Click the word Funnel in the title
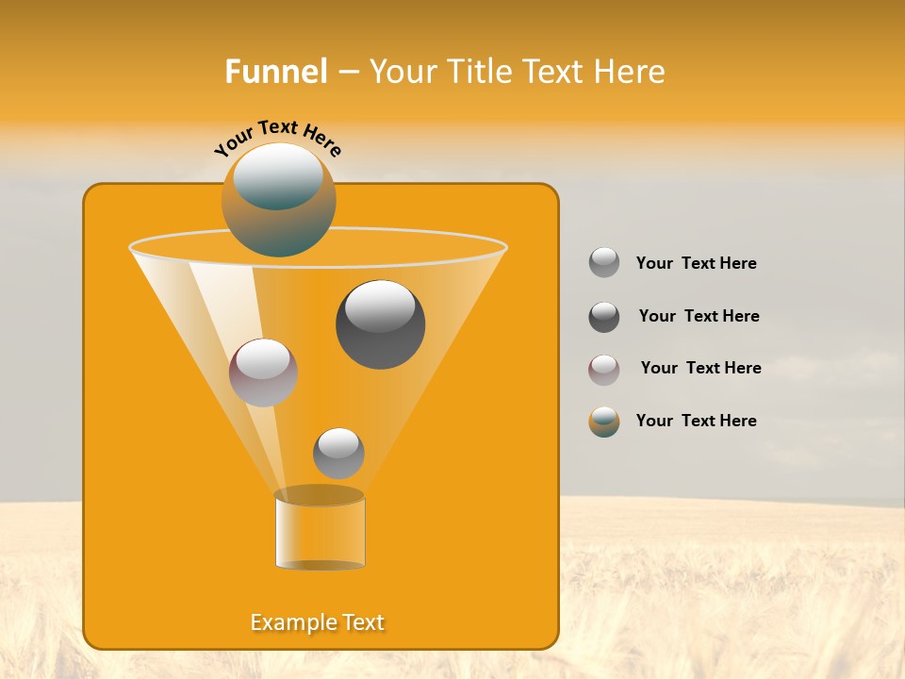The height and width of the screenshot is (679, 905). (276, 72)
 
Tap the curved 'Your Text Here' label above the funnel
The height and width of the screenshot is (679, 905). (278, 137)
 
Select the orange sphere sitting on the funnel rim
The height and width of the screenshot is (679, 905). (279, 200)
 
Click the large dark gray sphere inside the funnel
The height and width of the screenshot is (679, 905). (381, 324)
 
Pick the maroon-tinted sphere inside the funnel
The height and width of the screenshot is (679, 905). (263, 373)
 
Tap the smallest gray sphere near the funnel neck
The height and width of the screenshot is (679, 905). (338, 453)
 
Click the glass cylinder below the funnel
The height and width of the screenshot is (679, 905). (320, 533)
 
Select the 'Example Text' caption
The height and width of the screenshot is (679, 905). (318, 622)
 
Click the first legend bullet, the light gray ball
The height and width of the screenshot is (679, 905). (604, 263)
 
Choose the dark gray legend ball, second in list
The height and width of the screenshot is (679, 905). (604, 317)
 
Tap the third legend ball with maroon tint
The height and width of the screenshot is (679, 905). (604, 370)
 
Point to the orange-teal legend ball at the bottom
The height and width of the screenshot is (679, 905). (604, 422)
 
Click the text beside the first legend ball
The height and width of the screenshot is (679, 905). (696, 264)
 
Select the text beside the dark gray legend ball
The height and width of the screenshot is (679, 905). (699, 317)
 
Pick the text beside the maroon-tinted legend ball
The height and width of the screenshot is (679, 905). (700, 369)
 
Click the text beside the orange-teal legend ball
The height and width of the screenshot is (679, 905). (696, 422)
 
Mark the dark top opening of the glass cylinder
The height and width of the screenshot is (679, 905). (320, 495)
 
